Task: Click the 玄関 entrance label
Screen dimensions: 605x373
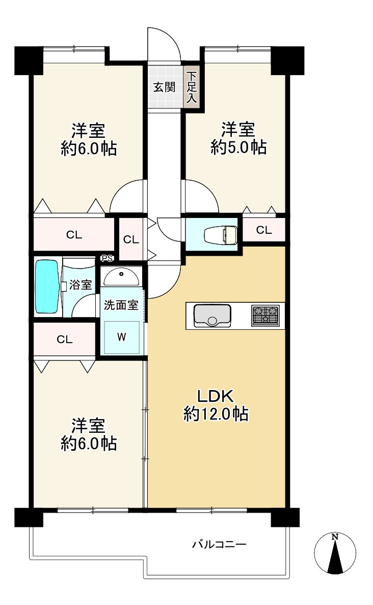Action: (164, 87)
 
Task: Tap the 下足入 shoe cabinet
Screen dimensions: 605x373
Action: (192, 87)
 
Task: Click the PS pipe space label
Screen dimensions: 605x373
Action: (107, 259)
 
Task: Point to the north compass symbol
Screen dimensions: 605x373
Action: (335, 553)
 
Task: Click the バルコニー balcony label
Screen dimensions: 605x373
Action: (219, 545)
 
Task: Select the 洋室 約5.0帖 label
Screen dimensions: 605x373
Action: (238, 138)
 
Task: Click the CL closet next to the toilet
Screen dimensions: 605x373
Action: (263, 230)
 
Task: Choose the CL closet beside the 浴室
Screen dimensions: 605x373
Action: (64, 340)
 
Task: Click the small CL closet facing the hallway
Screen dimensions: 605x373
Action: (131, 239)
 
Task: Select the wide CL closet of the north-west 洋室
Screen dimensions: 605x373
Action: (74, 235)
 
